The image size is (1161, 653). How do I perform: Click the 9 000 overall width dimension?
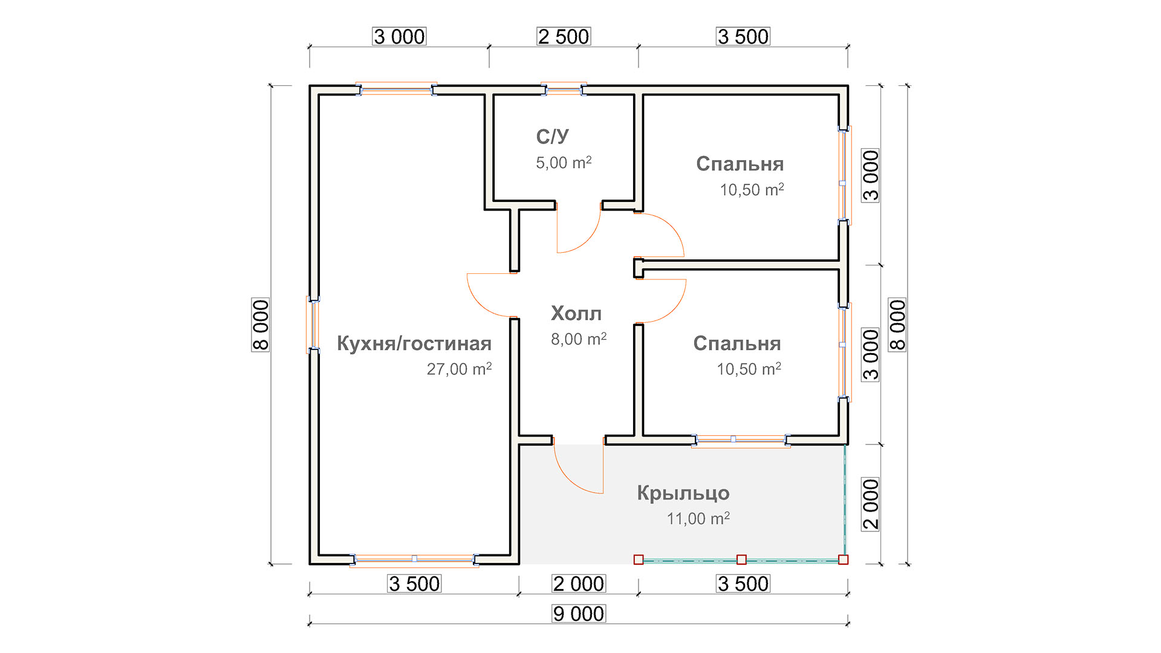click(579, 614)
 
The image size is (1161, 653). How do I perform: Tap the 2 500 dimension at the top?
click(564, 37)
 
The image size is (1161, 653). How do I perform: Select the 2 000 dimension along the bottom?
click(579, 583)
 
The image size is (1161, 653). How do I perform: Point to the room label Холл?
click(576, 313)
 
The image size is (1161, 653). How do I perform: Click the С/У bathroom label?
click(552, 137)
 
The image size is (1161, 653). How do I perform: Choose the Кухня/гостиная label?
click(414, 343)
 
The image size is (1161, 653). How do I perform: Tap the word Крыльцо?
click(683, 493)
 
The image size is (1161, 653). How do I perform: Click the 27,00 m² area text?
click(460, 369)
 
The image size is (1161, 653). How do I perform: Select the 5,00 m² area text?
click(564, 163)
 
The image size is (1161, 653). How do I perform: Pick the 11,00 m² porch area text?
click(698, 518)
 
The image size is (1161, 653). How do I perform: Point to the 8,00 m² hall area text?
click(579, 339)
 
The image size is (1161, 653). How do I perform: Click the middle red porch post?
click(741, 560)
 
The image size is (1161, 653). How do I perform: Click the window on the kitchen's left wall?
click(313, 325)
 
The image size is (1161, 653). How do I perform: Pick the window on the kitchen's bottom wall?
click(414, 559)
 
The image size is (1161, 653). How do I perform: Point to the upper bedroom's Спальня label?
click(740, 164)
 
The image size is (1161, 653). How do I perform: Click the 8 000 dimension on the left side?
click(261, 325)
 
